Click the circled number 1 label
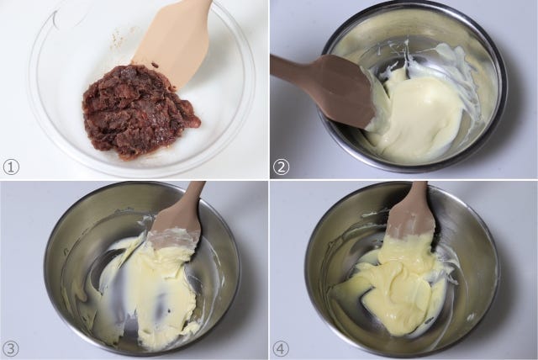[x=11, y=167]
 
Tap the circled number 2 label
[x=281, y=167]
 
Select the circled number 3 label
[x=11, y=349]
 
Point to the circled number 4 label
[x=281, y=349]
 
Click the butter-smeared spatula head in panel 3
[x=175, y=230]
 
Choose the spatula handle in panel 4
[x=418, y=192]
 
